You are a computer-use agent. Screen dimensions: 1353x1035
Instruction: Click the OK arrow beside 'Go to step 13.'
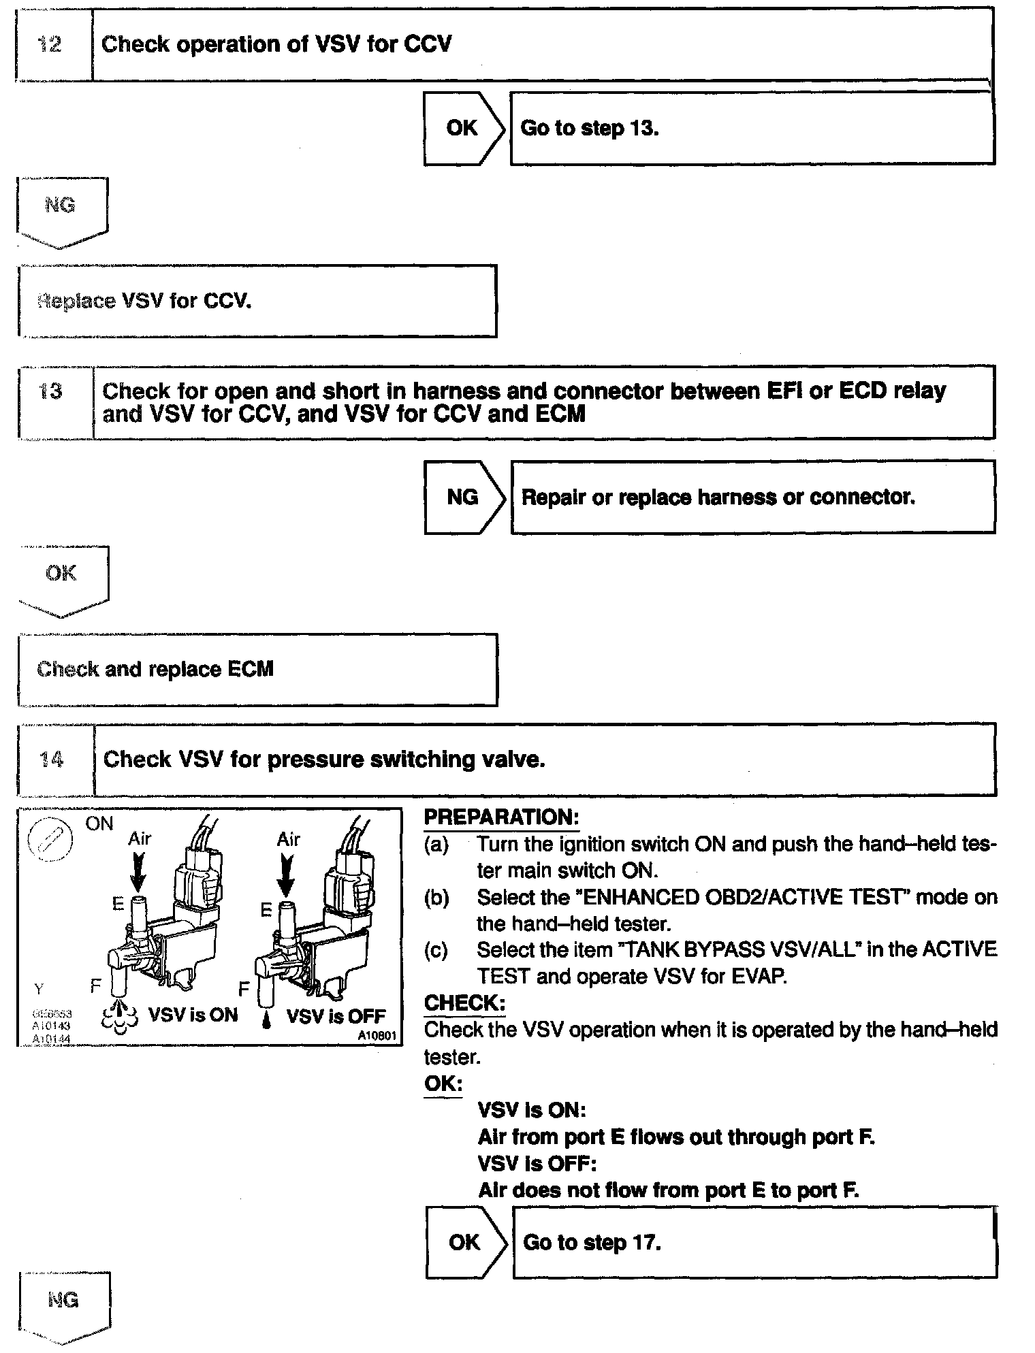464,128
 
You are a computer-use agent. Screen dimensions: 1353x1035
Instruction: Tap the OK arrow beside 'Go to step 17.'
466,1242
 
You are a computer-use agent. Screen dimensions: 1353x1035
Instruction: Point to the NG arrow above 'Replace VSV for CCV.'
61,210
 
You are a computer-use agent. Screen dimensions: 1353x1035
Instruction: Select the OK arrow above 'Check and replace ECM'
62,578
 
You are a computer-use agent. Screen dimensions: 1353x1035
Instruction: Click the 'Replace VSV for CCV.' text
144,301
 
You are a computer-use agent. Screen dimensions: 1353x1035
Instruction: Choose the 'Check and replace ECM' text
155,669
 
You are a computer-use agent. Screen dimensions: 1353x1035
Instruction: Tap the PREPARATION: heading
500,817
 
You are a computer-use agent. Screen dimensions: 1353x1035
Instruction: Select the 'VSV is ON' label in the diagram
193,1015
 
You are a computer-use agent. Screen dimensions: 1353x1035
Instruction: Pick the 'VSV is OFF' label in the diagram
336,1016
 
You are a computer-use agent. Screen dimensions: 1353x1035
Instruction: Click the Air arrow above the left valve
138,871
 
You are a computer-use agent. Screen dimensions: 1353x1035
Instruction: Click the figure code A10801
378,1036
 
